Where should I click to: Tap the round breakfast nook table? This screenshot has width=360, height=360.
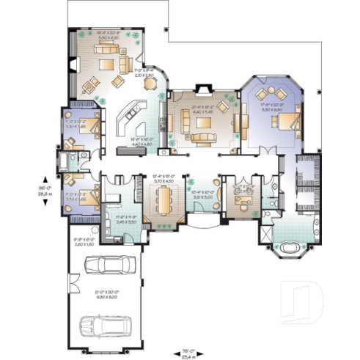click(x=152, y=82)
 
